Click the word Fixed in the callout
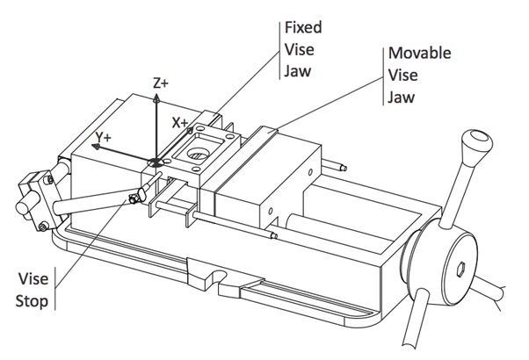pos(302,27)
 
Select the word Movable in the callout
pos(419,54)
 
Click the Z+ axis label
pos(161,83)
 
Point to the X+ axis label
pos(181,123)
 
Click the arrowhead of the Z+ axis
pos(156,97)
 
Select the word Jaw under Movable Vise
pos(402,96)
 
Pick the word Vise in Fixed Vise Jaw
pos(299,48)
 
